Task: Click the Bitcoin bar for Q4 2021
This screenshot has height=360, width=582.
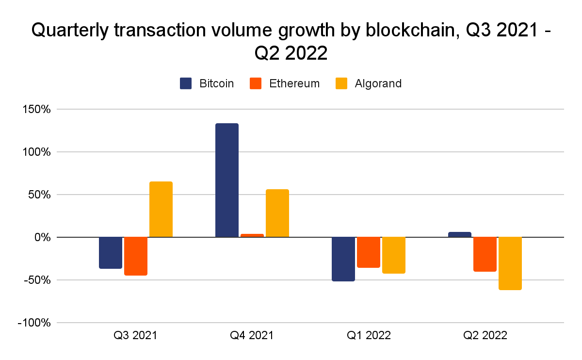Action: pyautogui.click(x=227, y=180)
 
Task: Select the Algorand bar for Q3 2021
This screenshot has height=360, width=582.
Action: pyautogui.click(x=161, y=209)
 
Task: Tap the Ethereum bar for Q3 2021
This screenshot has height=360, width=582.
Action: pyautogui.click(x=136, y=256)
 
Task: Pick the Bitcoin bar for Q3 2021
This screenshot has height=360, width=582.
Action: pyautogui.click(x=111, y=253)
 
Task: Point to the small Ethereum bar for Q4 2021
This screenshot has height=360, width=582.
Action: pyautogui.click(x=252, y=235)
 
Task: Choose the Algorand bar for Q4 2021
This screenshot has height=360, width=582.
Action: pyautogui.click(x=277, y=213)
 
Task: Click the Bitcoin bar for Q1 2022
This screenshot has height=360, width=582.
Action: pyautogui.click(x=343, y=259)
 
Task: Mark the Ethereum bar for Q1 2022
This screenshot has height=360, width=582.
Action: pyautogui.click(x=369, y=252)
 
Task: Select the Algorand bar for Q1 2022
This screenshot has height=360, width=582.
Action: pyautogui.click(x=394, y=255)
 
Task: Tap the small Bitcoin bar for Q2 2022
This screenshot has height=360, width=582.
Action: pyautogui.click(x=460, y=235)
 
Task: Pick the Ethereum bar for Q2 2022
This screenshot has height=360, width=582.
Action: pyautogui.click(x=485, y=254)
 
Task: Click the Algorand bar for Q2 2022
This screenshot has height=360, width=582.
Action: pyautogui.click(x=510, y=263)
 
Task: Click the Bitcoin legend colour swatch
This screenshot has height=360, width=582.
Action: pyautogui.click(x=186, y=83)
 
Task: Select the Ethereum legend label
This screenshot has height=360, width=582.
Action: pyautogui.click(x=294, y=83)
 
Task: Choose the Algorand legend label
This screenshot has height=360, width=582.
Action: pyautogui.click(x=378, y=83)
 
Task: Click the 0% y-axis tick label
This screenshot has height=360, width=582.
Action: pyautogui.click(x=42, y=237)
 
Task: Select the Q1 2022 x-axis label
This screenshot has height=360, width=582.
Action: pyautogui.click(x=369, y=335)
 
